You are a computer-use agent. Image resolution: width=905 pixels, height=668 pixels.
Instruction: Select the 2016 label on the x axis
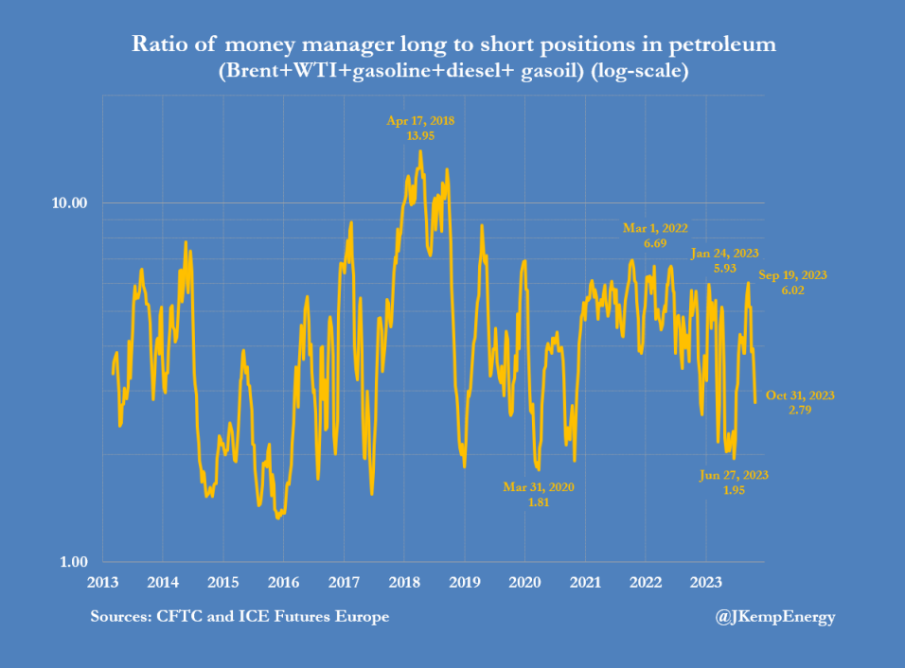(x=283, y=581)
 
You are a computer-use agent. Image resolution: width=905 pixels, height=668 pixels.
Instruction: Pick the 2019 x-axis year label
(x=465, y=581)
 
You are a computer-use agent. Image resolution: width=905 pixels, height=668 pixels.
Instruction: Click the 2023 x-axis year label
(x=707, y=581)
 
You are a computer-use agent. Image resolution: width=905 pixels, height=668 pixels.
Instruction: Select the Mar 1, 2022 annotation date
(x=655, y=228)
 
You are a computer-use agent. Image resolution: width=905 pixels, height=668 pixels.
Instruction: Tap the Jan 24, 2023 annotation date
(x=726, y=254)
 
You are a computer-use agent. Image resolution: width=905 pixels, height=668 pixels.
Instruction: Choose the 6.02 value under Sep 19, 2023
(x=793, y=290)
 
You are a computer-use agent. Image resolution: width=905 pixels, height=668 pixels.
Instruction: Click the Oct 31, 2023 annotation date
(x=801, y=396)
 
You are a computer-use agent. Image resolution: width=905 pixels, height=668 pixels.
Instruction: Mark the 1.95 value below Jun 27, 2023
(x=733, y=490)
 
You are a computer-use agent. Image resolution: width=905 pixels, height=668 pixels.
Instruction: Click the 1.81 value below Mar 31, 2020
(x=539, y=502)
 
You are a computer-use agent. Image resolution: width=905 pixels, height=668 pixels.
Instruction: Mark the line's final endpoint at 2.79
(x=754, y=402)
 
